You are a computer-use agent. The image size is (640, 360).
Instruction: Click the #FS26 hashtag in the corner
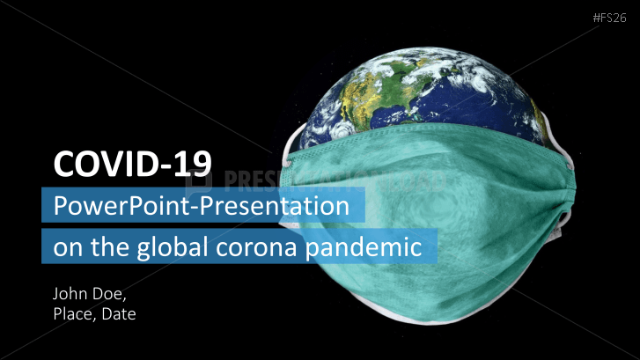tap(609, 18)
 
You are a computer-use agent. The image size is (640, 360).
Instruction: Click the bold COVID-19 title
tap(133, 164)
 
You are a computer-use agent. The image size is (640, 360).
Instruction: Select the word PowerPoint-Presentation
tap(202, 205)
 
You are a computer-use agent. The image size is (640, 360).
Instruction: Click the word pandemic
tap(364, 247)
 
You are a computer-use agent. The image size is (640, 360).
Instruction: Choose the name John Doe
tap(90, 294)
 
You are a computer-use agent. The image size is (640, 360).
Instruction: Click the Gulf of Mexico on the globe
tap(392, 114)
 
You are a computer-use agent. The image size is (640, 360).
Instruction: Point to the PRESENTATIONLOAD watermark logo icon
tap(198, 182)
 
